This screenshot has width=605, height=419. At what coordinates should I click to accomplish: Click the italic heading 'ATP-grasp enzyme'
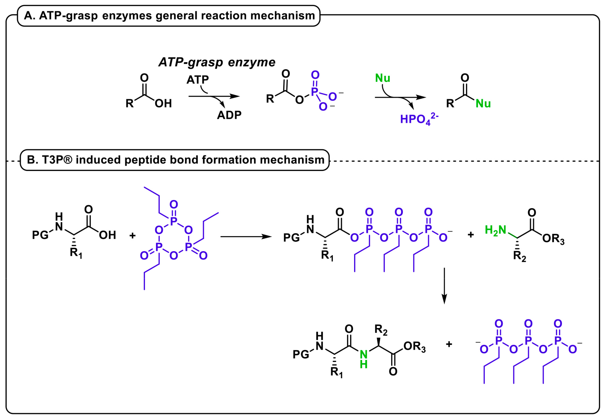[217, 62]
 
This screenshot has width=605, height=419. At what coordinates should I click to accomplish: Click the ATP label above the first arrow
[198, 80]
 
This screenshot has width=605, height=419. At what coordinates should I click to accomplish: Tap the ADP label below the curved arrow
[229, 115]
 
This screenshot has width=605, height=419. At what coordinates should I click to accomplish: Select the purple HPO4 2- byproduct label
[419, 119]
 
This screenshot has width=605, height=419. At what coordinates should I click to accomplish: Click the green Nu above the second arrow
[383, 78]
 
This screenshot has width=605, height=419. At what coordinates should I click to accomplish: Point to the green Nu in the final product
[483, 104]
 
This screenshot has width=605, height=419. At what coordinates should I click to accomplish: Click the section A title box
[169, 16]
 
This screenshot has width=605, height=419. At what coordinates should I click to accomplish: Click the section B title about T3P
[175, 160]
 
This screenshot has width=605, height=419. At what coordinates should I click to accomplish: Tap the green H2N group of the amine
[495, 230]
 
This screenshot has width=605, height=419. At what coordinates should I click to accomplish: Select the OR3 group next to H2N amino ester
[553, 239]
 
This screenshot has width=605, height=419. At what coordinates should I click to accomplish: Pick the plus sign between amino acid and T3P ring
[133, 235]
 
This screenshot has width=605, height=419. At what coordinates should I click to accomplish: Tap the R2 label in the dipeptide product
[380, 330]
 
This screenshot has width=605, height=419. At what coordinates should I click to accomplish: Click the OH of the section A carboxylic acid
[163, 104]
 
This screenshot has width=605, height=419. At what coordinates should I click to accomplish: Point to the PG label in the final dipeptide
[301, 354]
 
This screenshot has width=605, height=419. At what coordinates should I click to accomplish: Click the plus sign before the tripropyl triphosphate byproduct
[449, 344]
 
